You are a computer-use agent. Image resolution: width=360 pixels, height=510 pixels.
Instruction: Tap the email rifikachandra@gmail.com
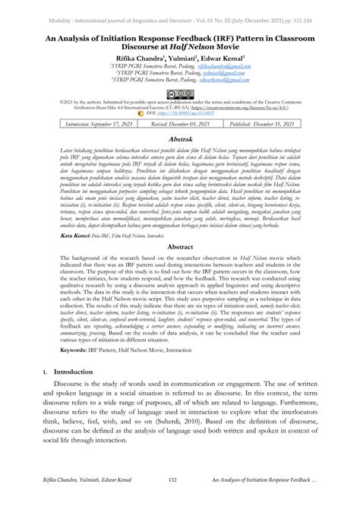(224, 66)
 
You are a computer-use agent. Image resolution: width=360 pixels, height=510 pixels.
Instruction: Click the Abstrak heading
(179, 140)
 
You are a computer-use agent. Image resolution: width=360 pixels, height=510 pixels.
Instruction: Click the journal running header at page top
(179, 6)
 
